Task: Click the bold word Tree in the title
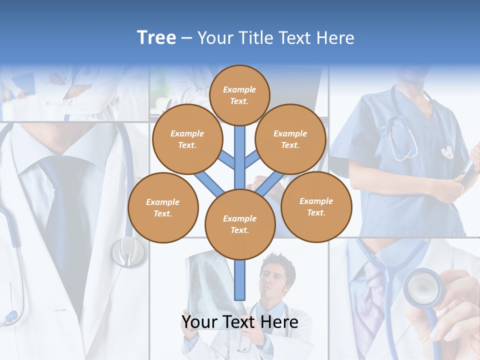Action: [x=156, y=38]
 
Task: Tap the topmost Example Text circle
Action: [x=239, y=95]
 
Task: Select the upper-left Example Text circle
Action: [x=187, y=139]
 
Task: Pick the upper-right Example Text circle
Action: [x=290, y=139]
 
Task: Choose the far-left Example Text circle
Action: [x=163, y=208]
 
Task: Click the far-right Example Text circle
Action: [x=316, y=206]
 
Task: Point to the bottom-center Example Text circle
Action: [x=240, y=224]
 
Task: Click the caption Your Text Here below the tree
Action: [x=239, y=322]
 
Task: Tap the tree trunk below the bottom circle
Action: [x=240, y=280]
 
